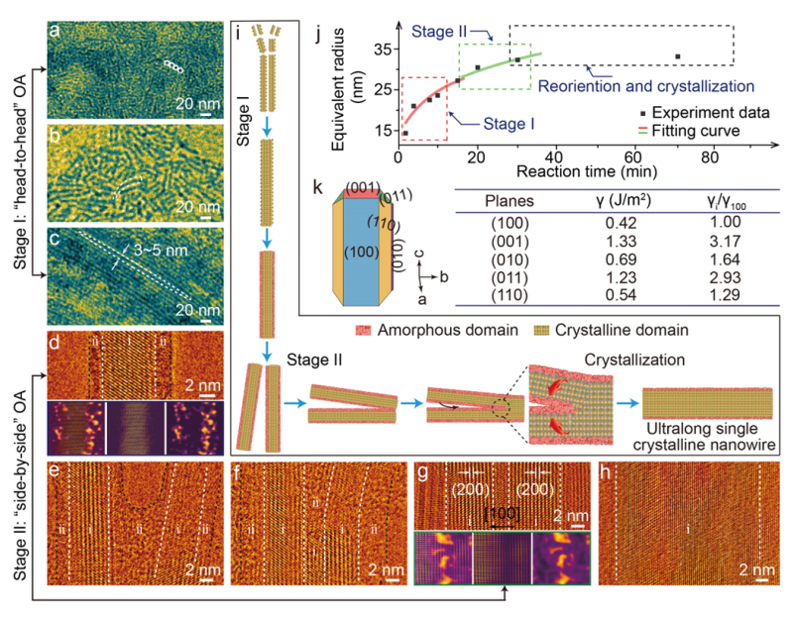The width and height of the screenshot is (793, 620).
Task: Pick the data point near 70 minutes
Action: tap(677, 56)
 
